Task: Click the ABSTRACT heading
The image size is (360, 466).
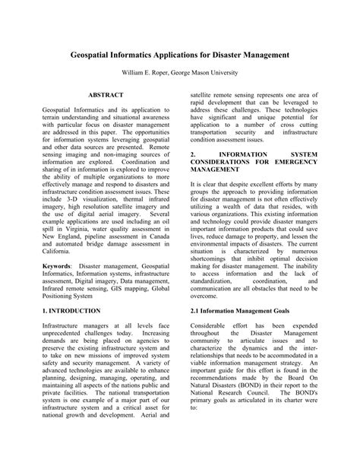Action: pos(106,97)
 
